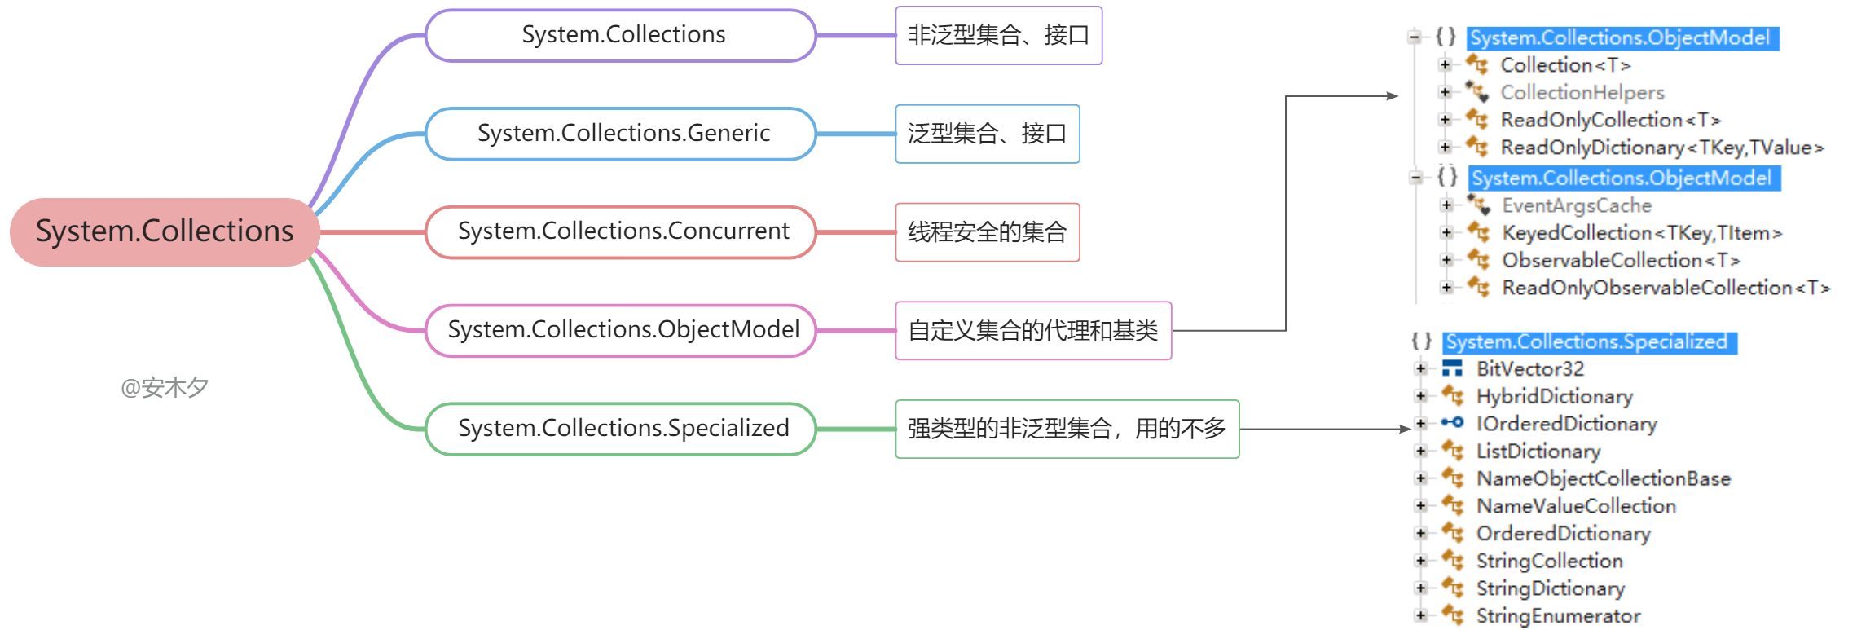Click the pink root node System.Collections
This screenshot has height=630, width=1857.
pyautogui.click(x=164, y=231)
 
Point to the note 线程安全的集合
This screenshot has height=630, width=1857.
pyautogui.click(x=987, y=232)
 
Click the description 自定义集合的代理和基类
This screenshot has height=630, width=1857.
pyautogui.click(x=1032, y=331)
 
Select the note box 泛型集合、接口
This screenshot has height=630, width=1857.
pyautogui.click(x=987, y=134)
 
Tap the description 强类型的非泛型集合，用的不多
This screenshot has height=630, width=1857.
pyautogui.click(x=1067, y=429)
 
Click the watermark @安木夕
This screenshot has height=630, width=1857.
pyautogui.click(x=165, y=388)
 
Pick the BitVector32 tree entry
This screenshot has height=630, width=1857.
pyautogui.click(x=1529, y=369)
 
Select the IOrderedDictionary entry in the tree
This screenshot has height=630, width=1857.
pyautogui.click(x=1566, y=424)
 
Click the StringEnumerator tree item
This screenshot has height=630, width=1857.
pyautogui.click(x=1558, y=616)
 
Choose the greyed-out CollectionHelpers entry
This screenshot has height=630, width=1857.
pyautogui.click(x=1582, y=93)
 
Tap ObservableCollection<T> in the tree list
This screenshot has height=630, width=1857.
pyautogui.click(x=1621, y=261)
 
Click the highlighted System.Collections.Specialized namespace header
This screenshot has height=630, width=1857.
pyautogui.click(x=1589, y=342)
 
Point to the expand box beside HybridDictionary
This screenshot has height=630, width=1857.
pyautogui.click(x=1421, y=397)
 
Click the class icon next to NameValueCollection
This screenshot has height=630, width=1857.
pyautogui.click(x=1453, y=506)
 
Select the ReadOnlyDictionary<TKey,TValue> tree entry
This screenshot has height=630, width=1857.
pyautogui.click(x=1661, y=148)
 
